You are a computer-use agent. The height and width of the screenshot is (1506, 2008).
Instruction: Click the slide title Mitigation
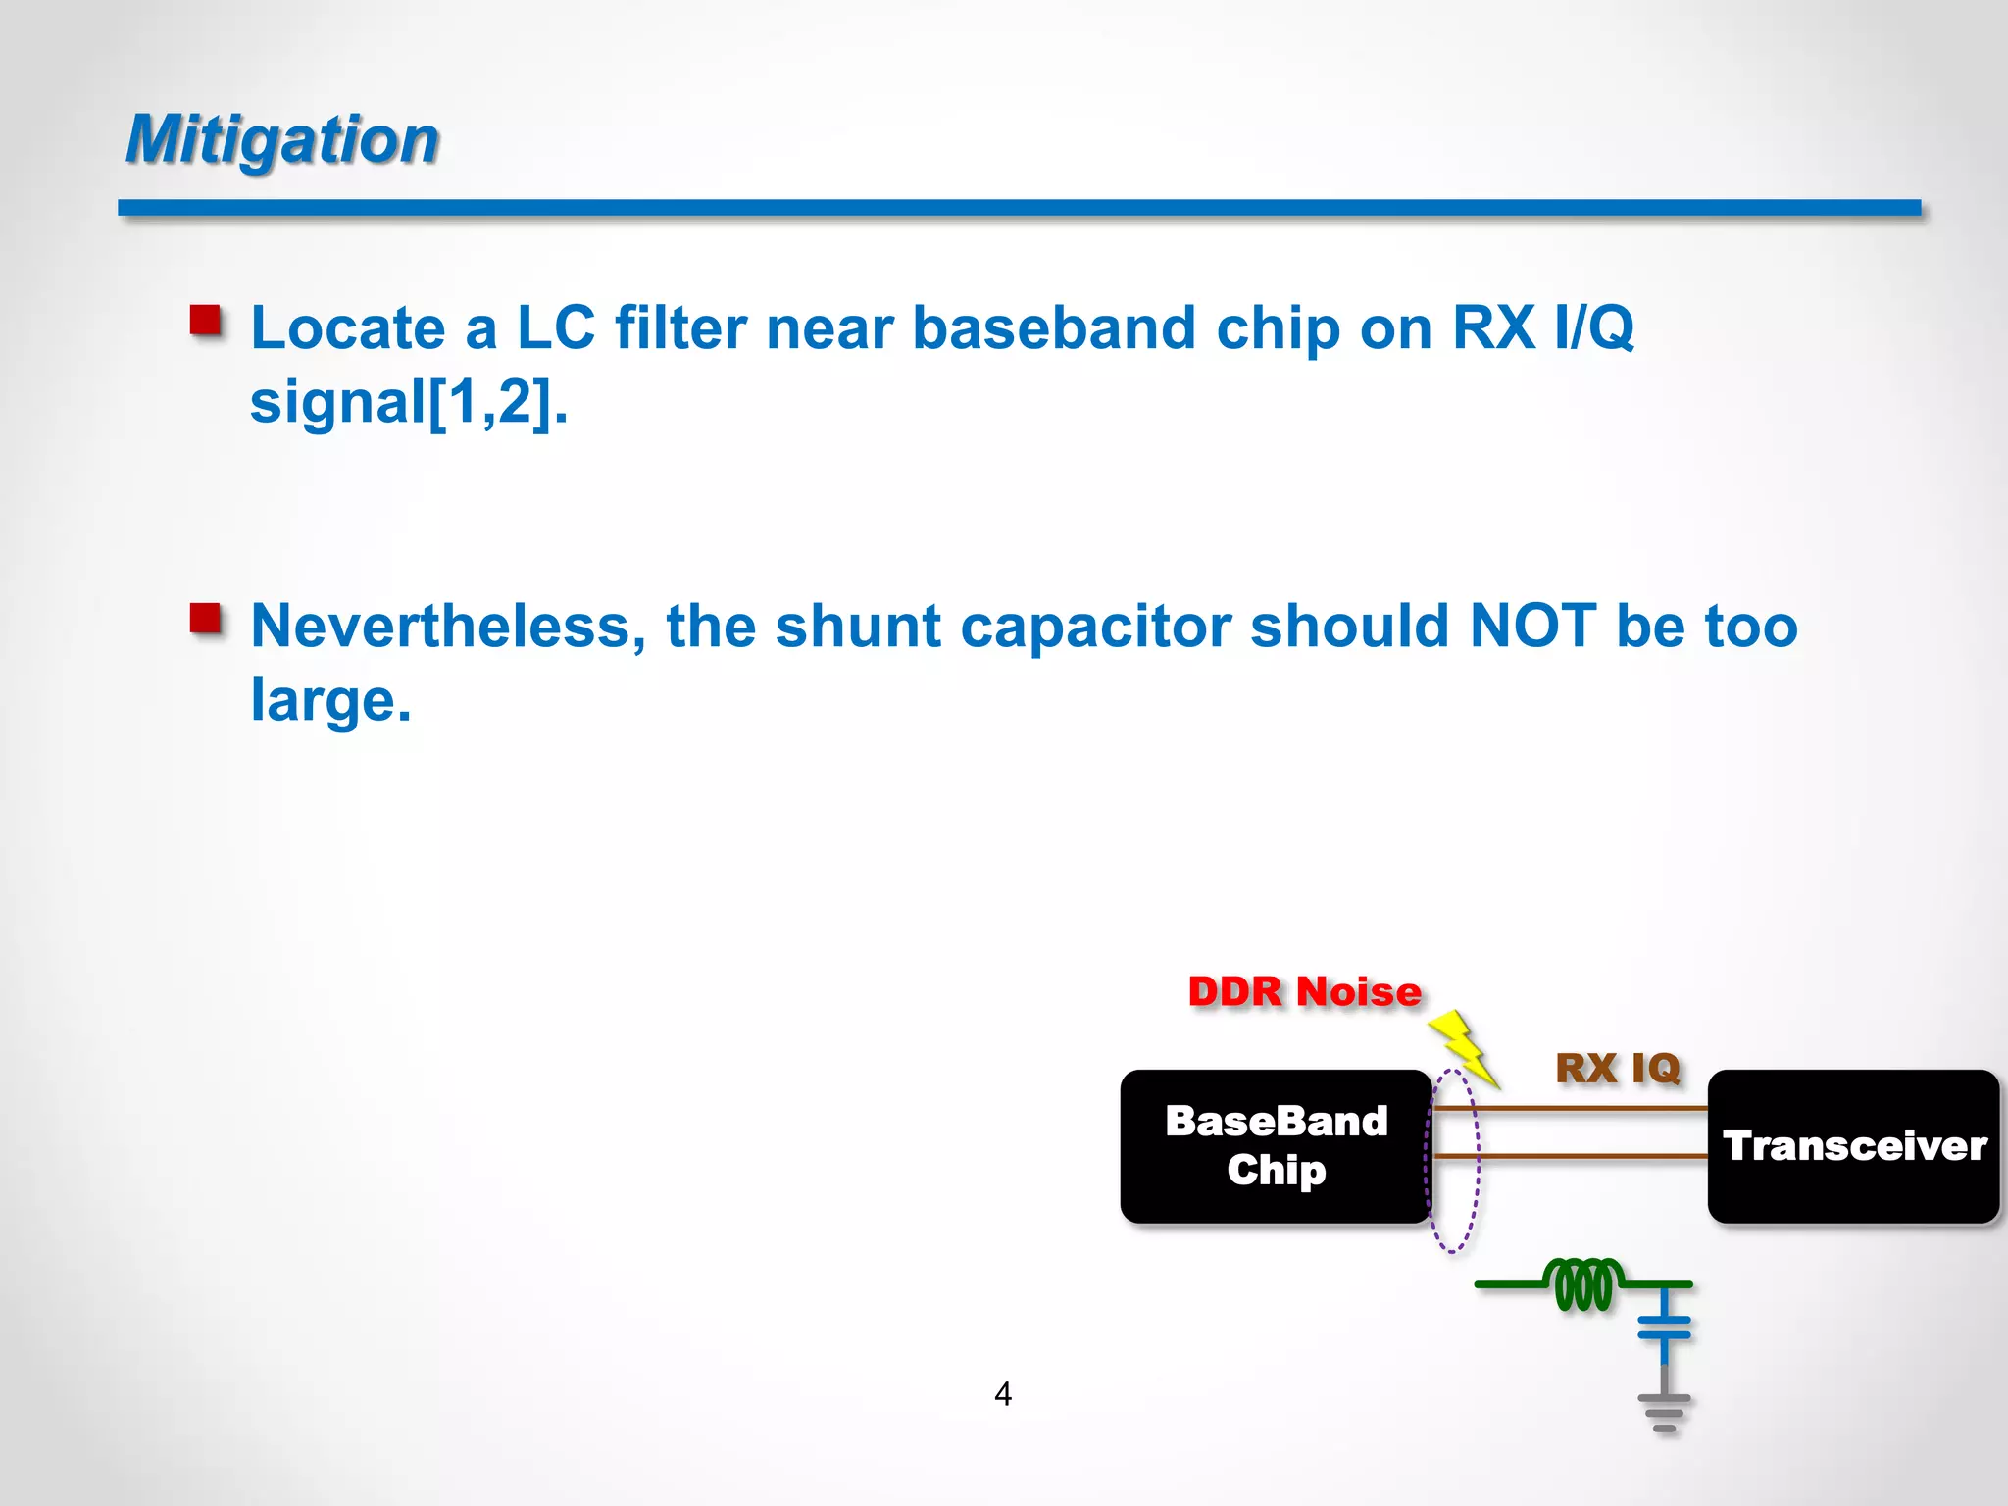pyautogui.click(x=282, y=139)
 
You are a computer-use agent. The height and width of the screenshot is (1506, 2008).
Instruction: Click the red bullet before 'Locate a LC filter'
pyautogui.click(x=206, y=320)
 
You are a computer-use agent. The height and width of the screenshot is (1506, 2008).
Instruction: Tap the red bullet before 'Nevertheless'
pyautogui.click(x=206, y=619)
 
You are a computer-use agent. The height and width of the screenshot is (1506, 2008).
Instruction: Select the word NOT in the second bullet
pyautogui.click(x=1532, y=626)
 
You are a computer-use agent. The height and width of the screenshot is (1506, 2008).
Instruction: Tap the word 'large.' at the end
pyautogui.click(x=330, y=700)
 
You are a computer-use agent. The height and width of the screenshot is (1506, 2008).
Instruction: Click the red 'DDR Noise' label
pyautogui.click(x=1304, y=992)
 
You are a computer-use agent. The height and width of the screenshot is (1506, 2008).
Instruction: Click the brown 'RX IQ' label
pyautogui.click(x=1618, y=1068)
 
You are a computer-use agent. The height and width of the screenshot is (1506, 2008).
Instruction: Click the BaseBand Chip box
pyautogui.click(x=1276, y=1145)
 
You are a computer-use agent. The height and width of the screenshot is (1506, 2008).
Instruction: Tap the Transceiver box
pyautogui.click(x=1853, y=1145)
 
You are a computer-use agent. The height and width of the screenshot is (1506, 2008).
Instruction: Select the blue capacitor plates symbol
pyautogui.click(x=1664, y=1327)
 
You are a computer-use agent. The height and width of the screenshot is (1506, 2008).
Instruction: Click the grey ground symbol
pyautogui.click(x=1664, y=1412)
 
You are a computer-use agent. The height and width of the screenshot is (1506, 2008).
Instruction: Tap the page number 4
pyautogui.click(x=1002, y=1393)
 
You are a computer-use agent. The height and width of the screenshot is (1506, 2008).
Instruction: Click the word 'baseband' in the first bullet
pyautogui.click(x=1054, y=327)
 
